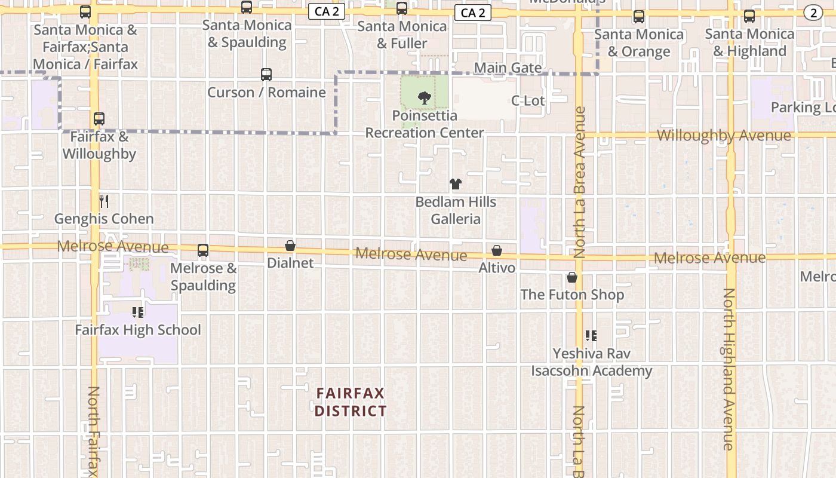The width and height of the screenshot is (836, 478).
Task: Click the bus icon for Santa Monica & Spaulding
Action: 246,7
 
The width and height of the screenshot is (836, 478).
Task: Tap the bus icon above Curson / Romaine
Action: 266,75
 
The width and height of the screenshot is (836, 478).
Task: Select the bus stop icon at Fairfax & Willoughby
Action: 99,119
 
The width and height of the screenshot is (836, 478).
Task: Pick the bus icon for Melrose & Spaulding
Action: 203,250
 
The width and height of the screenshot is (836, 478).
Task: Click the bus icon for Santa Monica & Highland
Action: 749,16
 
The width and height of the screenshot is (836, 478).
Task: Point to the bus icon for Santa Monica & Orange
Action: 639,17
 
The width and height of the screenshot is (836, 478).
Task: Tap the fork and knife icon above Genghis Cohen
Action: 104,201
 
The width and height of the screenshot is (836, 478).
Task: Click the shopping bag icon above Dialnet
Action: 290,246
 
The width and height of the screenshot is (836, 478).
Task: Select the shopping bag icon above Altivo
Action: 497,250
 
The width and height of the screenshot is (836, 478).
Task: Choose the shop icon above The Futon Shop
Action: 572,277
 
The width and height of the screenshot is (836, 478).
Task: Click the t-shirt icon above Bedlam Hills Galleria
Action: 456,184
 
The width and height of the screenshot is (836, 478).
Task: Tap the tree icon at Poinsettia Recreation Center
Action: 424,97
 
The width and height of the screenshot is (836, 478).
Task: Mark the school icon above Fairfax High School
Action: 138,312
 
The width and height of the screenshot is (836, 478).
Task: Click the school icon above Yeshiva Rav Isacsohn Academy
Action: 591,336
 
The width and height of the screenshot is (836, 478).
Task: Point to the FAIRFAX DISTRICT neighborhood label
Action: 351,402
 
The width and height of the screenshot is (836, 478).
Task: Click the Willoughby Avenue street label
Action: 724,136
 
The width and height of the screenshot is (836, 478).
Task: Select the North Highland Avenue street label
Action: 729,369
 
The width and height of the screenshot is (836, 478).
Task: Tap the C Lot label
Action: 528,100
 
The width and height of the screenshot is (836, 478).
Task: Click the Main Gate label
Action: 508,68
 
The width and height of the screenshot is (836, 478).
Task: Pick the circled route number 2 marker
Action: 813,13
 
